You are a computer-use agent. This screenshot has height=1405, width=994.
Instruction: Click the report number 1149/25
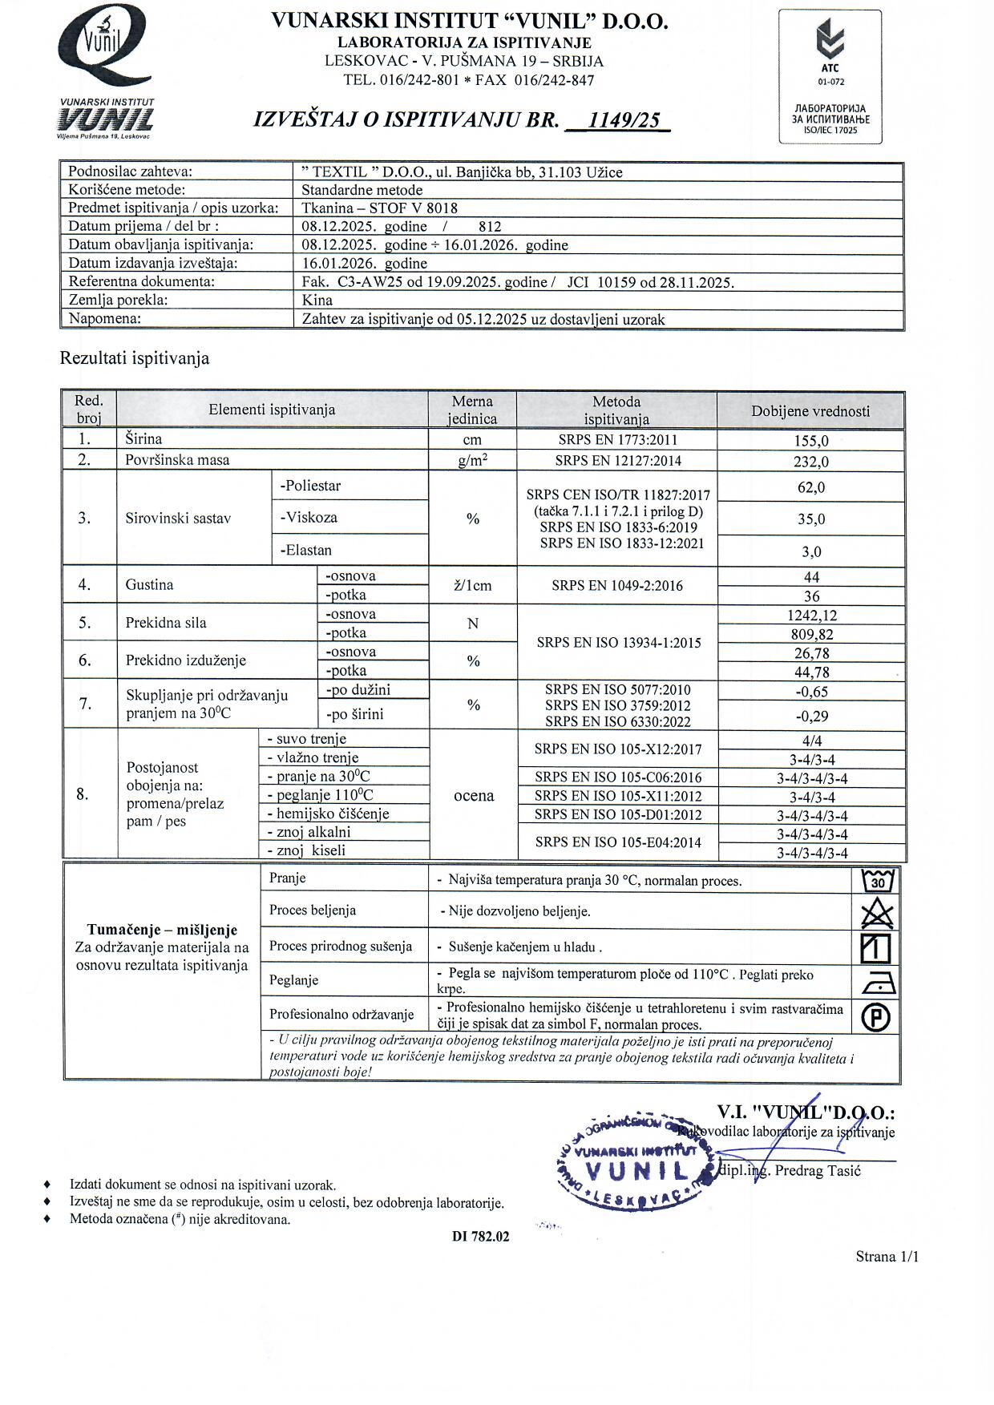coord(624,120)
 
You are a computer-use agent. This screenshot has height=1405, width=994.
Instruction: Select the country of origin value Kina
coord(317,301)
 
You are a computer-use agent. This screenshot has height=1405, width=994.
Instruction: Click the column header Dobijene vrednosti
coord(810,411)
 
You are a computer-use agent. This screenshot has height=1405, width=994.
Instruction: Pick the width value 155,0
coord(811,440)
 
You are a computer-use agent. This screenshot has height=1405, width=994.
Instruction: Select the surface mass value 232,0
coord(811,462)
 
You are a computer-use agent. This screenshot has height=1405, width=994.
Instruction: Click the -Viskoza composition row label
coord(309,518)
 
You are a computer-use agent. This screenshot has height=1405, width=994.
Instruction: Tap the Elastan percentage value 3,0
coord(811,552)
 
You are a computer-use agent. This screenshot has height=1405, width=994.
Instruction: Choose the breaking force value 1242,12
coord(811,616)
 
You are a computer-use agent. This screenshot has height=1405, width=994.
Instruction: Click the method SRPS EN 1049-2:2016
coord(617,586)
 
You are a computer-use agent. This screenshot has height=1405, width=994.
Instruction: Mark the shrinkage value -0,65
coord(811,692)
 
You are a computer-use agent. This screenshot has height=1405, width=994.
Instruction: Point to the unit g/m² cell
coord(472,461)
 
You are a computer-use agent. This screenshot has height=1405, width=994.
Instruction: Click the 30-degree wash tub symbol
coord(878,881)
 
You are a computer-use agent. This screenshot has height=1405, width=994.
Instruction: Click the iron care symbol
coord(878,983)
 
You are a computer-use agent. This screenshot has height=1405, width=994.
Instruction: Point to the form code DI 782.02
coord(480,1236)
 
